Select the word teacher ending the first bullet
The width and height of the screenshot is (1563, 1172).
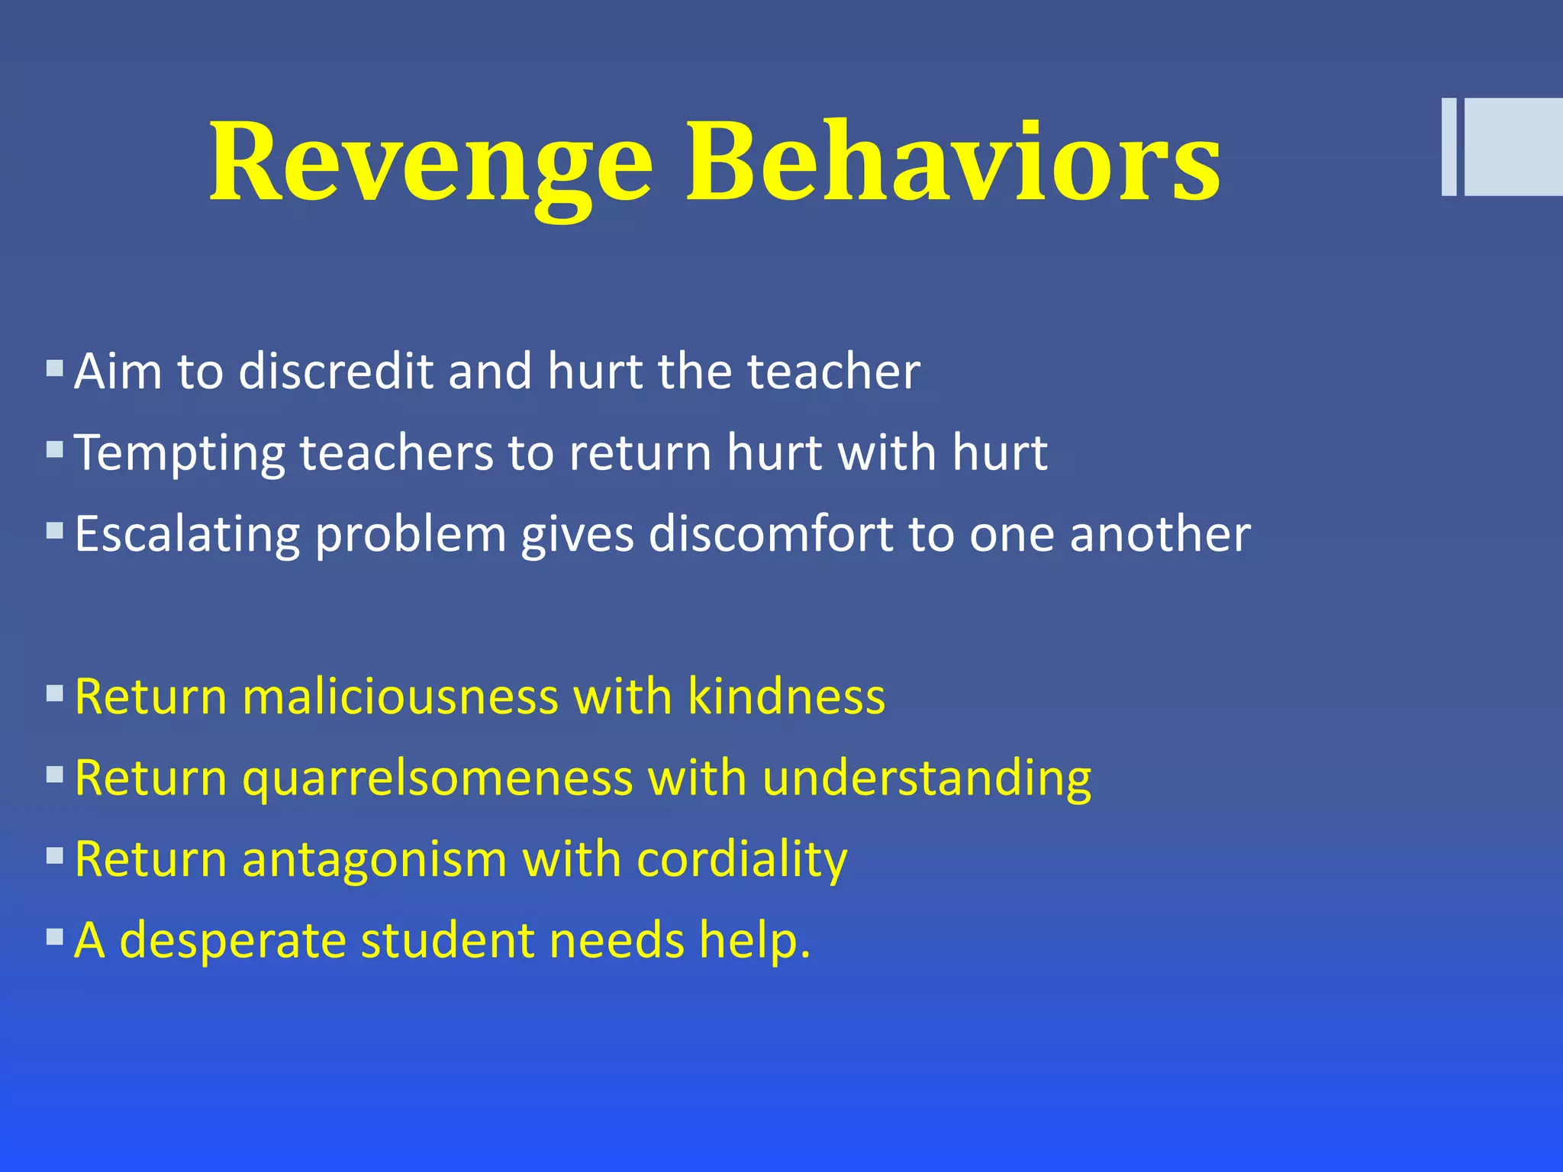[x=833, y=372]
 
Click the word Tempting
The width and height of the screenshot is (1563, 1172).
[x=180, y=453]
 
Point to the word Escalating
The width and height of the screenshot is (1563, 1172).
[x=187, y=534]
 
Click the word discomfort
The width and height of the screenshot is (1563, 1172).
[x=771, y=534]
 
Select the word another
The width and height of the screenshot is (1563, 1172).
[x=1160, y=534]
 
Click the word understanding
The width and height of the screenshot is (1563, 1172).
[x=927, y=780]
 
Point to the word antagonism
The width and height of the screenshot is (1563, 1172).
[x=375, y=860]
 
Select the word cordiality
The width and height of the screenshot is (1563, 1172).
[x=742, y=860]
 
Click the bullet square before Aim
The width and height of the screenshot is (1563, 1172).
[x=54, y=369]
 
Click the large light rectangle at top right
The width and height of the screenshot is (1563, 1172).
[x=1513, y=146]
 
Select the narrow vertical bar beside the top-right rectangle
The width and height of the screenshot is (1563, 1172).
[x=1449, y=146]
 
